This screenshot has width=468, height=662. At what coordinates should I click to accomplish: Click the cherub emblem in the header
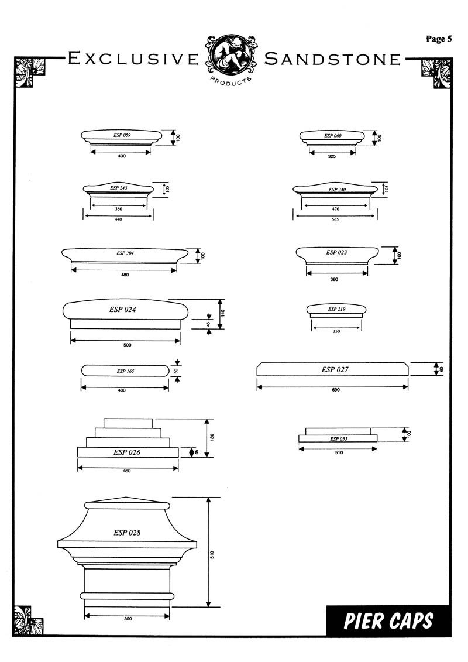point(231,55)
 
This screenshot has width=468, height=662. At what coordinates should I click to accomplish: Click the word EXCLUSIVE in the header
point(133,59)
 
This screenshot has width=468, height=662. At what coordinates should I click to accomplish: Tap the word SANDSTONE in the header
point(332,59)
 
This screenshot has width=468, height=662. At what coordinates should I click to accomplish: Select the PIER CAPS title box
point(388,620)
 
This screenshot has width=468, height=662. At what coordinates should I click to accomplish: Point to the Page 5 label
point(439,39)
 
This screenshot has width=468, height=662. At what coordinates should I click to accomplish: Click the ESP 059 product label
point(122,135)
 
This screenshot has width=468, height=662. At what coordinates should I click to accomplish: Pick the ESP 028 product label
point(126,533)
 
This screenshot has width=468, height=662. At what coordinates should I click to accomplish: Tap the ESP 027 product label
point(335,369)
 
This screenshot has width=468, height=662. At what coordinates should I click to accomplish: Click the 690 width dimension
point(336,390)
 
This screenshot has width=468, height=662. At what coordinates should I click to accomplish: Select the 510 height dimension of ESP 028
point(212,554)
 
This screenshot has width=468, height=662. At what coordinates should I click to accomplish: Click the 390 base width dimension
point(128,619)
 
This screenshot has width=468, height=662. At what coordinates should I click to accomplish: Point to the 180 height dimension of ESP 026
point(212,437)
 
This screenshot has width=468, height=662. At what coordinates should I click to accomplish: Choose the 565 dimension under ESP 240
point(335,219)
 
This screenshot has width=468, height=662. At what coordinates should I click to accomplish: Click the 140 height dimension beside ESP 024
point(223,313)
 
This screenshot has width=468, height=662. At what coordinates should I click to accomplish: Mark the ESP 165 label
point(125,371)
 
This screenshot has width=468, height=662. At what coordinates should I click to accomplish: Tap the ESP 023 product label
point(336,252)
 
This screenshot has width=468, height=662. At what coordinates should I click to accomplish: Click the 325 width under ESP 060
point(332,156)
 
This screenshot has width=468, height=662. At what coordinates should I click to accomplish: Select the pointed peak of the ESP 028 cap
point(126,498)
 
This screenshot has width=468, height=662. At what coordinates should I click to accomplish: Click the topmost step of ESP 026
point(128,423)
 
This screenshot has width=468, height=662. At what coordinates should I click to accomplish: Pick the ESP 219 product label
point(336,309)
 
